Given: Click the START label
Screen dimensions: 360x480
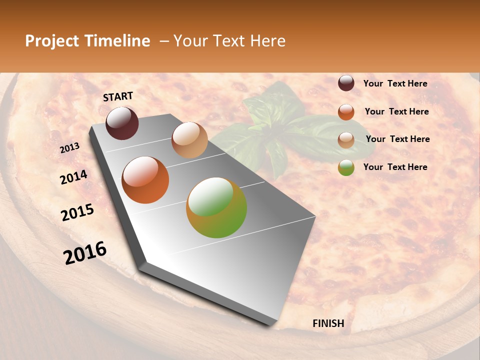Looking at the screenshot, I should coord(118,96).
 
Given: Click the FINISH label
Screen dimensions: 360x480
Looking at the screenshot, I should coord(328,323).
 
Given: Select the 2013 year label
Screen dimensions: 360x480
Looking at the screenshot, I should coord(70,148).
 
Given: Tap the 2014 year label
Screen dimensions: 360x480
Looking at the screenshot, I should coord(73,177).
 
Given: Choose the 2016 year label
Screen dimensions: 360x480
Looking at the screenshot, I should coord(85,253).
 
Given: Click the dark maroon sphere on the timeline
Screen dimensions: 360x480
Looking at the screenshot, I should coord(122,123).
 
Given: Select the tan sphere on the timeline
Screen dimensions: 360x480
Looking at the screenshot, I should coord(189,140).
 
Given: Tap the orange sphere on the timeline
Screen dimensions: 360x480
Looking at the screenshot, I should coord(145,180).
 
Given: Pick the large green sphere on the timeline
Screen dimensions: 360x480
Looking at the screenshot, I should coord(216,207).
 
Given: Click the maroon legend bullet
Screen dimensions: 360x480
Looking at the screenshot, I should coord(346,83).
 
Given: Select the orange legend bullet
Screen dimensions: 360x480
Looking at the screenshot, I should coord(346,112).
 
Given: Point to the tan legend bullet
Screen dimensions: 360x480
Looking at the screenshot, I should coord(346,139).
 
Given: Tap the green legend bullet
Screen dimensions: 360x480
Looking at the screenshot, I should coord(346,167).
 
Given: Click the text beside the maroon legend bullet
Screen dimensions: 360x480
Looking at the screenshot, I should coord(395,83).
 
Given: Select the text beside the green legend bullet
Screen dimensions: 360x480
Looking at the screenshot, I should coord(395,167).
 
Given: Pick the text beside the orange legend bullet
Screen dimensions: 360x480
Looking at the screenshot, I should coord(396,111).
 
